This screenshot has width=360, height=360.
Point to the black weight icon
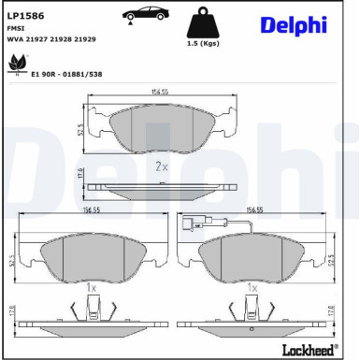204,23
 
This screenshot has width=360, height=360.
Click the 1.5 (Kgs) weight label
204,45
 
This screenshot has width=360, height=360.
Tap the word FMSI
16,29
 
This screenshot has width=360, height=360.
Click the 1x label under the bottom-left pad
90,291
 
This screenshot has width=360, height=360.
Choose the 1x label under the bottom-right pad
251,291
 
